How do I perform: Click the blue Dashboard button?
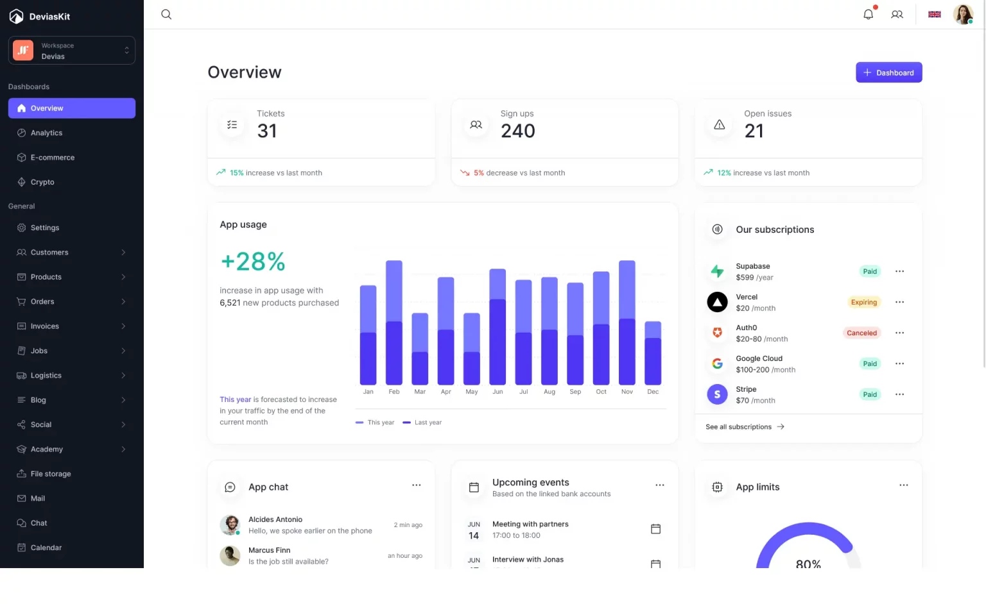pos(888,72)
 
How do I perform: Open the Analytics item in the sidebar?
pos(46,133)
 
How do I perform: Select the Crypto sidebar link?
pos(42,182)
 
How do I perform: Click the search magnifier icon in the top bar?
pos(166,14)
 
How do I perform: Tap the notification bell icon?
pos(868,14)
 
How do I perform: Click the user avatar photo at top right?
pos(962,14)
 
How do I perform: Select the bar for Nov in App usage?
pos(627,323)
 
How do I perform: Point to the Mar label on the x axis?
pos(420,392)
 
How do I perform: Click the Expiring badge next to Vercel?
pos(863,302)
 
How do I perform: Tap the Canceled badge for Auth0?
pos(861,333)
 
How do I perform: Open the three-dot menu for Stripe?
pos(899,394)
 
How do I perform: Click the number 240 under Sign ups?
pos(517,131)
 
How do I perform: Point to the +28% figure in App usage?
pos(253,262)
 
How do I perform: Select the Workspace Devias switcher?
pos(72,51)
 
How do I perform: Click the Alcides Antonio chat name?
pos(275,519)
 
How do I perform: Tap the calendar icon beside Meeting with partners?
pos(655,529)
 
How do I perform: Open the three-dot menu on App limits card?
pos(903,485)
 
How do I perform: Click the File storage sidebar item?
pos(51,474)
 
